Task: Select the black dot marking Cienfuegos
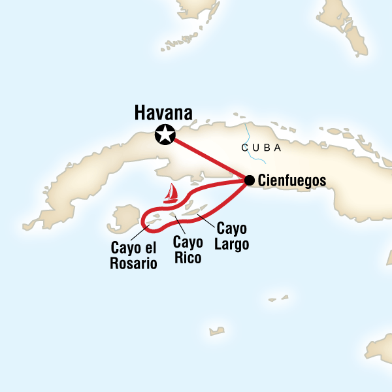(249, 180)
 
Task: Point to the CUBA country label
(261, 148)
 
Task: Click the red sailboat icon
(172, 192)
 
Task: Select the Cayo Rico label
(187, 249)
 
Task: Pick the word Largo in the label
(231, 243)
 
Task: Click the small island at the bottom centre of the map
(216, 331)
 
